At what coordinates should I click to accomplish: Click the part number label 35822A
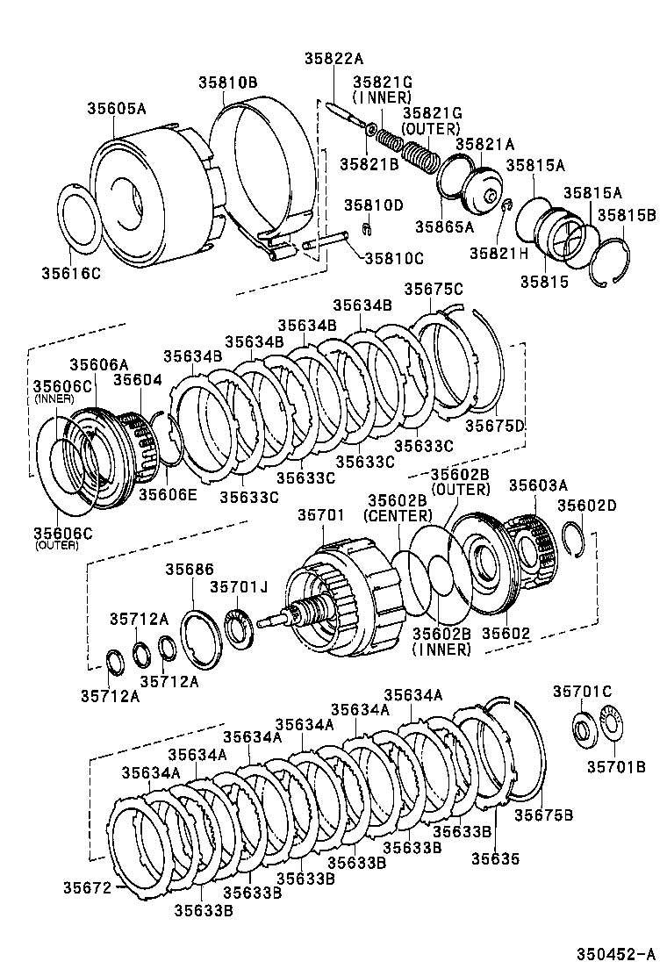click(x=333, y=59)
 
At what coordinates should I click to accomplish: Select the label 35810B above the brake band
click(x=226, y=83)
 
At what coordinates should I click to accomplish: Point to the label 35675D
click(x=494, y=425)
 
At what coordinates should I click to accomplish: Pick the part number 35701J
click(x=239, y=586)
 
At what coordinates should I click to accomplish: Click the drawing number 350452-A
click(x=615, y=955)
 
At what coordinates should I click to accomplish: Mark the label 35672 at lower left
click(x=87, y=887)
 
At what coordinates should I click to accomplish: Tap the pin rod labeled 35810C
click(x=328, y=238)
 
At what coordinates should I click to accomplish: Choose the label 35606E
click(x=167, y=494)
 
